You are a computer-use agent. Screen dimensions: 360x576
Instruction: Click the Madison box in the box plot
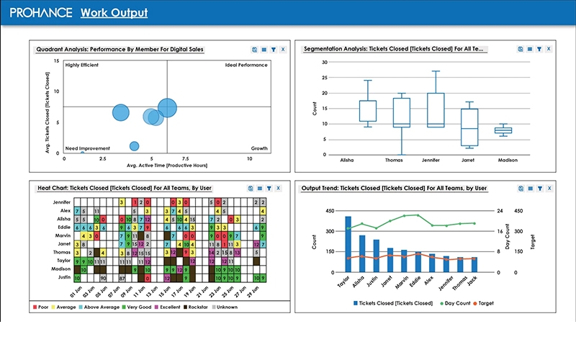503,130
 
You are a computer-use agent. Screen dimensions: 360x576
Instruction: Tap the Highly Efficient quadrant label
81,65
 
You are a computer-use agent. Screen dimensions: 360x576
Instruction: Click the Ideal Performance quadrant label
246,65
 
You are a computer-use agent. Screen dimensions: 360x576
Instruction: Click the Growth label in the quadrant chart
258,148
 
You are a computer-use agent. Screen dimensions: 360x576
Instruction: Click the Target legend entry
485,303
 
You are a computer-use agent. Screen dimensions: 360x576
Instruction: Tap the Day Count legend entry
455,303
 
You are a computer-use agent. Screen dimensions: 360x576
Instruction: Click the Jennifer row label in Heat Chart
62,202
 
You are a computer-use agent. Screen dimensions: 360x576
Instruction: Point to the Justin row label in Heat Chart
64,277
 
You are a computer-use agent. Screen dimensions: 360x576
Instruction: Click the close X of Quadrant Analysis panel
283,49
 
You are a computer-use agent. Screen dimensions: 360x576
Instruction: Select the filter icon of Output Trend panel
539,188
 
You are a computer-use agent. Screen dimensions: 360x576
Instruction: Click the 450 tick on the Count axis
330,212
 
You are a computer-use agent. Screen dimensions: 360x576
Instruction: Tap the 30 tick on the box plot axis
324,62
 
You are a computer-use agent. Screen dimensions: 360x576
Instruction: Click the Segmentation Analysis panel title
395,49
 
